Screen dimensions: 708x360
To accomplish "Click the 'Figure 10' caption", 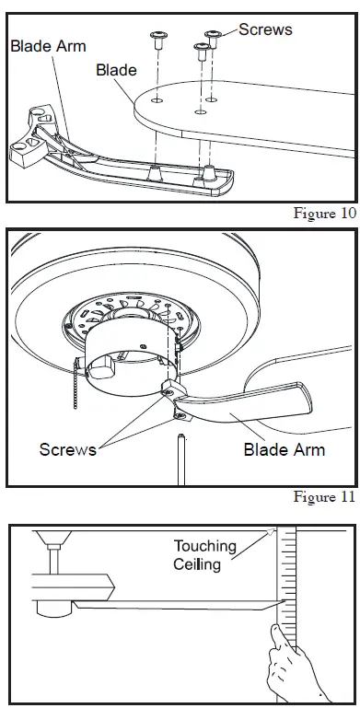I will coord(324,214).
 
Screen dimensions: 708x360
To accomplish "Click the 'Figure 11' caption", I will coord(324,498).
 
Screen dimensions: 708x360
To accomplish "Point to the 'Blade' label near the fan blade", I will coord(117,70).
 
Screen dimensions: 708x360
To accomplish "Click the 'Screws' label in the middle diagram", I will coord(67,450).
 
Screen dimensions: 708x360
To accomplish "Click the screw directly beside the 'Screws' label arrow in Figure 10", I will coord(214,40).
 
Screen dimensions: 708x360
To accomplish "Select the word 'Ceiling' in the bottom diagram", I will coord(197,564).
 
